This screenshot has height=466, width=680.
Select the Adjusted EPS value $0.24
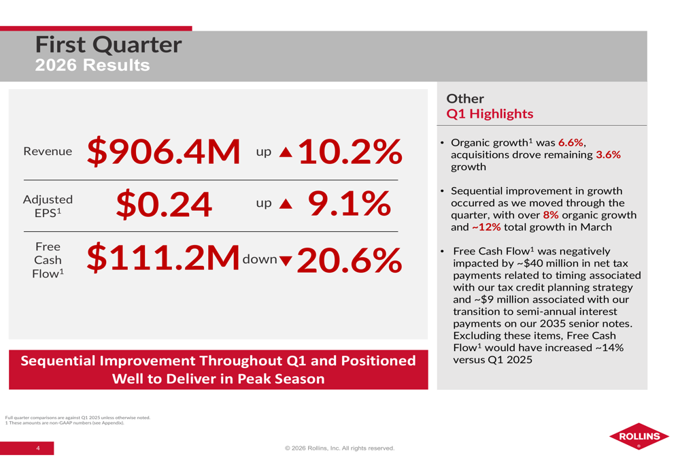tap(163, 203)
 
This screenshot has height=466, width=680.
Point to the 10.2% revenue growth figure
tap(348, 152)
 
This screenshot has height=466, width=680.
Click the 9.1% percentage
tap(350, 203)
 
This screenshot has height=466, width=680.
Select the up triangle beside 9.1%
tap(286, 204)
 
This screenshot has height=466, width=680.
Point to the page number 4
tap(38, 448)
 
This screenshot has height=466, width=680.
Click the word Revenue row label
tap(48, 152)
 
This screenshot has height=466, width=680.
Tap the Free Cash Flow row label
tap(48, 260)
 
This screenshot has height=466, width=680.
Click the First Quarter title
tap(109, 45)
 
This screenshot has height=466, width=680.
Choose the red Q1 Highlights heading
tap(490, 114)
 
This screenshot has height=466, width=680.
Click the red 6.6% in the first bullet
tap(570, 143)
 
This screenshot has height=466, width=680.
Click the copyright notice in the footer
tap(339, 448)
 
